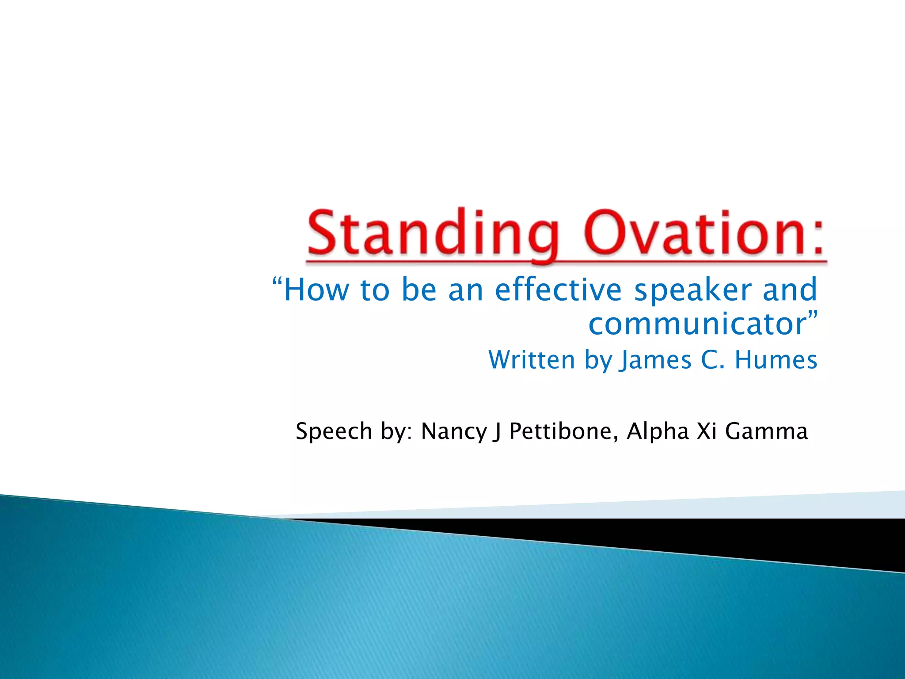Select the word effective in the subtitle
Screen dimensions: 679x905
click(x=558, y=290)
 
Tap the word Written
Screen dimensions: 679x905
click(x=532, y=360)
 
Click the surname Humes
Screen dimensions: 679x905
click(x=776, y=360)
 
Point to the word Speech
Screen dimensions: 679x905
click(x=334, y=431)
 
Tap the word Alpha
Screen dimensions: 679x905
click(x=658, y=432)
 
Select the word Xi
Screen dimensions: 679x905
click(x=707, y=431)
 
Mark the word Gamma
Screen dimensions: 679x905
click(x=766, y=431)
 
